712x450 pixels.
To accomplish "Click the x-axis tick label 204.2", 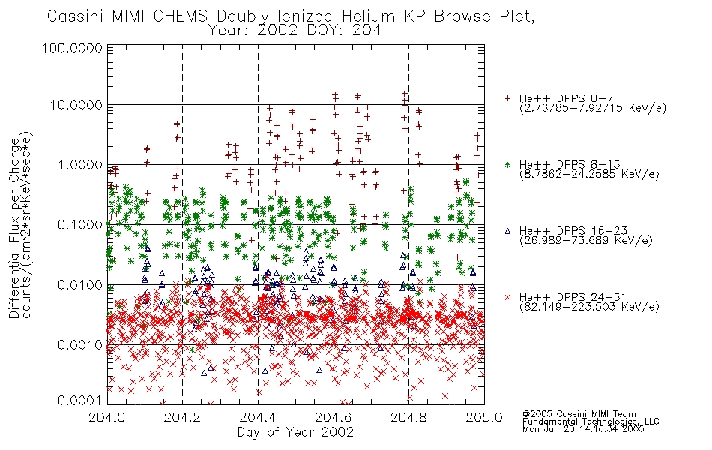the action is click(x=183, y=417).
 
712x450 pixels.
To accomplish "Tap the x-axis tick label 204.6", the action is click(x=334, y=417).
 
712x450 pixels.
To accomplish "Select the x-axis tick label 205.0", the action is click(x=484, y=417).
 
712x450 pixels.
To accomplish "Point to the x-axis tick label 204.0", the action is click(x=107, y=417).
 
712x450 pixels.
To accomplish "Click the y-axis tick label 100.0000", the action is click(x=72, y=48).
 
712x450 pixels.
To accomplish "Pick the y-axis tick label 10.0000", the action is click(x=76, y=105).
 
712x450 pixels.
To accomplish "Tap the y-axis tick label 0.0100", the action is click(x=80, y=285).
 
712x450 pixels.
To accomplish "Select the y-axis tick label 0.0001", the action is click(x=80, y=400).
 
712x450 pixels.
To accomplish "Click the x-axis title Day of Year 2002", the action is click(x=295, y=432).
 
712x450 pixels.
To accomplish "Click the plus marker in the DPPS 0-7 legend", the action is click(x=507, y=98).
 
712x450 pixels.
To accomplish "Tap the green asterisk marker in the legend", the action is click(x=507, y=164).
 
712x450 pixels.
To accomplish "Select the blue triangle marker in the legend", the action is click(x=507, y=231).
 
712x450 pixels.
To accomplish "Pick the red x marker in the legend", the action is click(x=507, y=297).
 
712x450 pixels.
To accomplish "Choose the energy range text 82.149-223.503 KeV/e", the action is click(x=589, y=307).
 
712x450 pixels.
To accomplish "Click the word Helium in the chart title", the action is click(x=368, y=16).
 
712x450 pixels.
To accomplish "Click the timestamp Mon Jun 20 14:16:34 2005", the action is click(x=583, y=429).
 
